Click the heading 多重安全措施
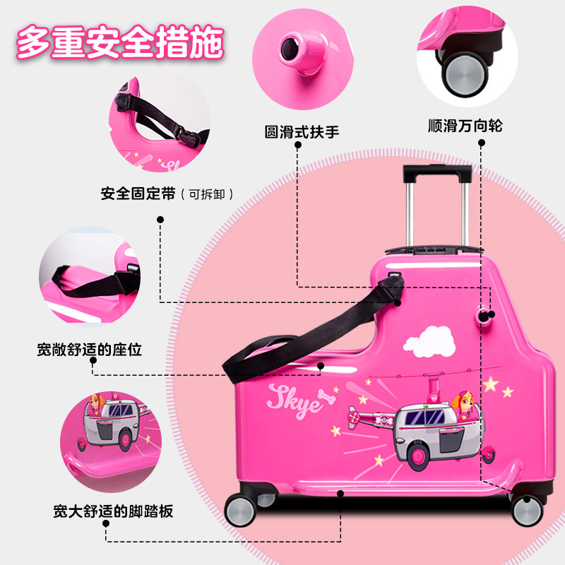(119, 43)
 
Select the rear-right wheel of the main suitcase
(526, 508)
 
